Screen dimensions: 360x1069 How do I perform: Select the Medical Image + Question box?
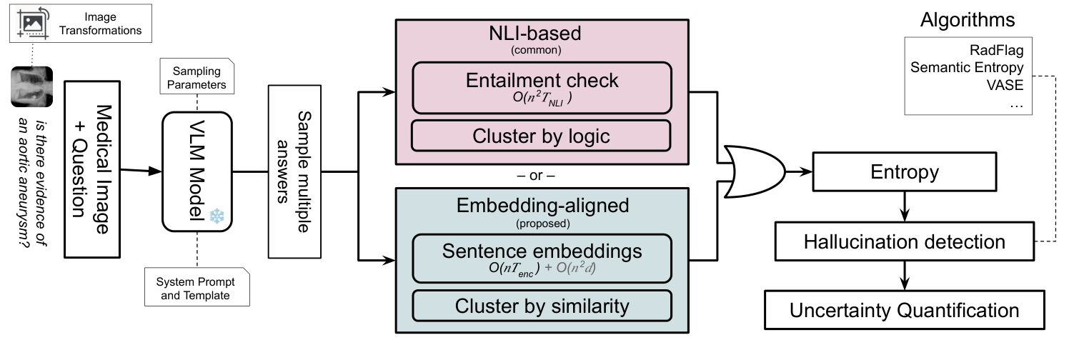tap(92, 170)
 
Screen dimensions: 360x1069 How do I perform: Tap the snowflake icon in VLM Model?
tap(217, 216)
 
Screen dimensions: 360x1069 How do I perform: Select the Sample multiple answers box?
tap(294, 171)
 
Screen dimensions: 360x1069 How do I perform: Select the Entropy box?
tap(904, 172)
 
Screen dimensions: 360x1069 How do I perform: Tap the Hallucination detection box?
tap(904, 241)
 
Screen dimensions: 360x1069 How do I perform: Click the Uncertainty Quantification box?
tap(904, 310)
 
